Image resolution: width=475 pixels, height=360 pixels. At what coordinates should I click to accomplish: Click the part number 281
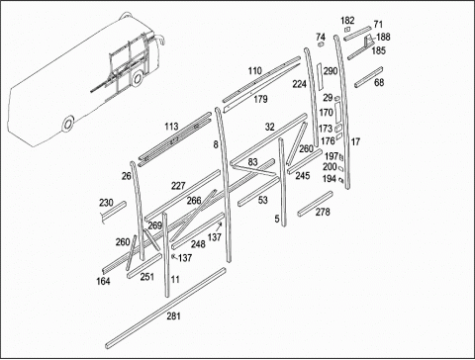tap(173, 316)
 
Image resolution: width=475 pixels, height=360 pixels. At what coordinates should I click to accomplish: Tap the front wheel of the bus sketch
tap(138, 78)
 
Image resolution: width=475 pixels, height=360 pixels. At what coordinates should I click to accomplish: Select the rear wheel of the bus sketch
tap(68, 124)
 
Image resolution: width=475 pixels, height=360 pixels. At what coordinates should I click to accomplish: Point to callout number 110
tap(255, 71)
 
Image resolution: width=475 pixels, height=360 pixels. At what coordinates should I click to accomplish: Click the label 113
tap(171, 127)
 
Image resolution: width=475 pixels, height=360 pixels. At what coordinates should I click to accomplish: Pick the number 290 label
tap(331, 71)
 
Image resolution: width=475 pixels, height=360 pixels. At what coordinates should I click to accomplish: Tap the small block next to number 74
tap(321, 45)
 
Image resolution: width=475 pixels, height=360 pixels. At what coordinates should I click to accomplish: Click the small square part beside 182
tap(347, 30)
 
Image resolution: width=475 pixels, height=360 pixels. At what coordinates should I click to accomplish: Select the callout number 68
tap(379, 82)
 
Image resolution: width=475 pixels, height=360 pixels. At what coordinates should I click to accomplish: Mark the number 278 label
tap(323, 212)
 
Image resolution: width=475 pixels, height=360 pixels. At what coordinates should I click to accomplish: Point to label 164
tap(103, 281)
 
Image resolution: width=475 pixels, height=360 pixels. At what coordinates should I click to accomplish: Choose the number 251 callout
tap(147, 277)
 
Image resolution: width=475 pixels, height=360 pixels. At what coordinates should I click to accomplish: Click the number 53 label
tap(263, 200)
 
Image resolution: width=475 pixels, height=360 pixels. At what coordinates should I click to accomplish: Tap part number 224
tap(299, 84)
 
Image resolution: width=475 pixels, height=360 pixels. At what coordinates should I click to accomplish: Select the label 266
tap(194, 201)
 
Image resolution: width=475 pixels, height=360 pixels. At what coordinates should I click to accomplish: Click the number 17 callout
tap(355, 141)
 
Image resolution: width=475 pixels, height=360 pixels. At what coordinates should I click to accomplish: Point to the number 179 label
tap(260, 99)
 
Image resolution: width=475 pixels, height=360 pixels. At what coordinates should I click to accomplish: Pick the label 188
tap(383, 37)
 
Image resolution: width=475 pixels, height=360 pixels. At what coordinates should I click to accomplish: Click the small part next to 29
tap(337, 98)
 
